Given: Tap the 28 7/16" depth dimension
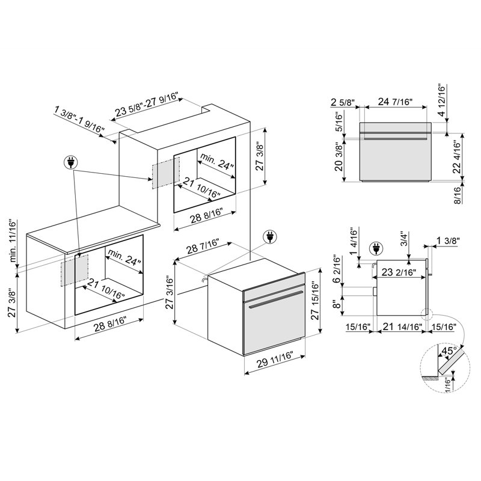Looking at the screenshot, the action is [x=203, y=245].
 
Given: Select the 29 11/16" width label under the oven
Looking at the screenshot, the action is [x=275, y=360].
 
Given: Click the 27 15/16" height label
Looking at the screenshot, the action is [x=315, y=300].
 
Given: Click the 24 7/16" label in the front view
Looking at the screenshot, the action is [x=395, y=101].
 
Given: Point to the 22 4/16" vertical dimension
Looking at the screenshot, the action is [x=456, y=156].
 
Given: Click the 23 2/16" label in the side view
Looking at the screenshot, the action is [x=399, y=272].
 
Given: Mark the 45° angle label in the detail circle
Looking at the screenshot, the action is [x=449, y=350].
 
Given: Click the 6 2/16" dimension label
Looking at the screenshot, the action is [x=337, y=269].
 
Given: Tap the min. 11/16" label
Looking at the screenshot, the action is [x=13, y=240].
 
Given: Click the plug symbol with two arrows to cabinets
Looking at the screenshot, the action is [x=70, y=162].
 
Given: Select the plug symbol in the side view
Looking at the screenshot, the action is [x=376, y=248].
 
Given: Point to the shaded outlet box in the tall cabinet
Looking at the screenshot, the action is [x=166, y=173].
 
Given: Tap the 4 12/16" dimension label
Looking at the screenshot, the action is [x=441, y=100].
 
